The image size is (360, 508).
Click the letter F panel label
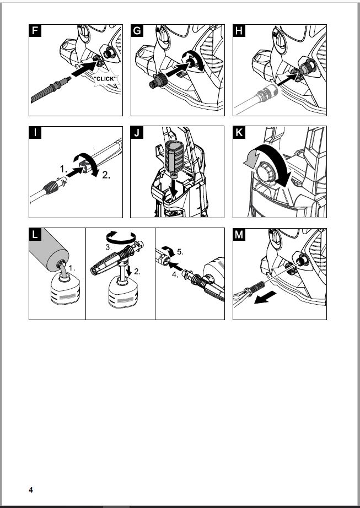(35, 31)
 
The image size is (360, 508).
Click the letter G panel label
(137, 31)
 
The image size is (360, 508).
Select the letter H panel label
(239, 31)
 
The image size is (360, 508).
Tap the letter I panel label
(35, 133)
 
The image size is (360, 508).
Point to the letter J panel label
(137, 133)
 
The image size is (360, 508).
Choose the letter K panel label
(239, 133)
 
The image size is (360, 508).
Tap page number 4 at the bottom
(31, 489)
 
